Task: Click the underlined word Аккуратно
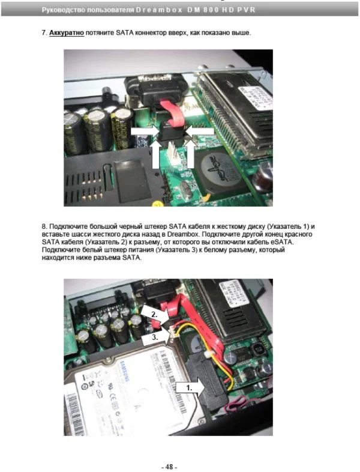(x=67, y=32)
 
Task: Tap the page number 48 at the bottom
(x=169, y=467)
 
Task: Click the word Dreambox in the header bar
(x=159, y=10)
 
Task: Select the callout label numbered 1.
(x=189, y=388)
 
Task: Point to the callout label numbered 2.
(x=154, y=315)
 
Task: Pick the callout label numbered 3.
(x=155, y=337)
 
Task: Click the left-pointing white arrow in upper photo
(x=199, y=132)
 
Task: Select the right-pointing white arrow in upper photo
(x=145, y=132)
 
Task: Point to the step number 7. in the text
(x=44, y=32)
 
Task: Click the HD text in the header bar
(x=227, y=10)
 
